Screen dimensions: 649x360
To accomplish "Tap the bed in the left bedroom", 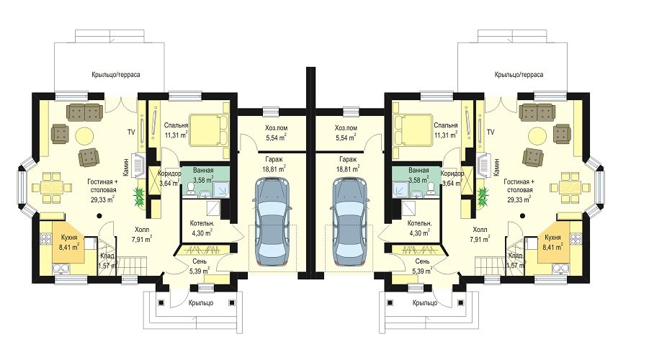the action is [x=210, y=130].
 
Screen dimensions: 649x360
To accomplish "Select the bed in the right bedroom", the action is [x=412, y=130].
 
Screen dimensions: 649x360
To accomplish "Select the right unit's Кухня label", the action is [x=552, y=238].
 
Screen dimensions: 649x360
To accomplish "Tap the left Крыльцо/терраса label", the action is [x=116, y=75].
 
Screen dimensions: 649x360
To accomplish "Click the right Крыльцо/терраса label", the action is [x=519, y=75].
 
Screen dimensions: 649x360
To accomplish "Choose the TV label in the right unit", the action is [x=491, y=132].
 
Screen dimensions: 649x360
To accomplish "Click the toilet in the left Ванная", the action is [x=191, y=189].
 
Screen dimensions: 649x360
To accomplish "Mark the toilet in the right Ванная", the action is [x=431, y=189].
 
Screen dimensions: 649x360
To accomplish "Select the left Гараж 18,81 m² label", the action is [x=274, y=164].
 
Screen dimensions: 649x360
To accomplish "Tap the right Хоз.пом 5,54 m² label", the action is [x=346, y=132].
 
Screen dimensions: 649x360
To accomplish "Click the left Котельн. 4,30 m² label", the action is [x=202, y=228].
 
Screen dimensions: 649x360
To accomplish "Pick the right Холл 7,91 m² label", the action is [x=480, y=234].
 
